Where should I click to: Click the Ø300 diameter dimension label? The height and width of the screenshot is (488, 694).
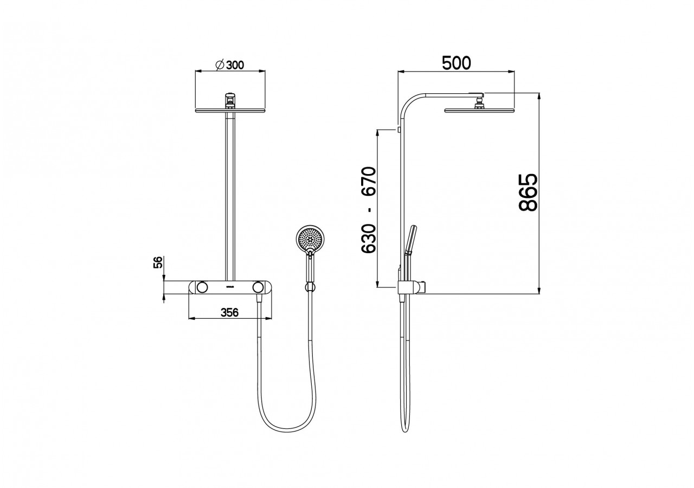click(x=229, y=65)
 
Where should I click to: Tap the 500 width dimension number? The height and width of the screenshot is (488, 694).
click(x=456, y=63)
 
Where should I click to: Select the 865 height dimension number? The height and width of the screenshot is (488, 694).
click(x=528, y=192)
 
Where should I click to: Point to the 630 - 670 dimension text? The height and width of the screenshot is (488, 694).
click(x=369, y=210)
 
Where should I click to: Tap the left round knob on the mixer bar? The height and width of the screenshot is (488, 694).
click(x=203, y=287)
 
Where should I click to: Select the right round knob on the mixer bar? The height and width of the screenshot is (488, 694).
click(x=258, y=287)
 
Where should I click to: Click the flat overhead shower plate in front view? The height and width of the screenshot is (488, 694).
click(x=230, y=111)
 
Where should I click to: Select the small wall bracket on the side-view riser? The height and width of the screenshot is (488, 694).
click(x=399, y=130)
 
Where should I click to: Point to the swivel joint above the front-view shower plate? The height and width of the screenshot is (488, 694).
click(x=230, y=100)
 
